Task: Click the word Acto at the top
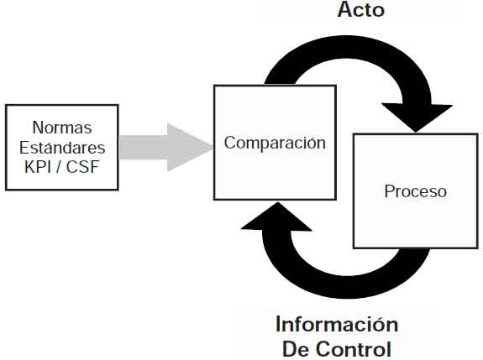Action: (360, 9)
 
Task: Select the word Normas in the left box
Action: (62, 127)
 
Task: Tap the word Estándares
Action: (62, 147)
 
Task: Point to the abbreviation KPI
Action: (38, 167)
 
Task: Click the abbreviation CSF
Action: (83, 167)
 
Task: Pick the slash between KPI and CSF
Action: (59, 167)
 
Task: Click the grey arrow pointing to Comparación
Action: (166, 148)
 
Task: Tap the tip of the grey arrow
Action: (213, 148)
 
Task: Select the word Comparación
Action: (275, 143)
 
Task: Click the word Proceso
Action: (416, 191)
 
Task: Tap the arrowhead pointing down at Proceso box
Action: (417, 117)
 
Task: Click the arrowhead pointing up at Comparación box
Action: (276, 217)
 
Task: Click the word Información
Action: (337, 324)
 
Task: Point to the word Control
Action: (354, 349)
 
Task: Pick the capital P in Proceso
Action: (389, 191)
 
